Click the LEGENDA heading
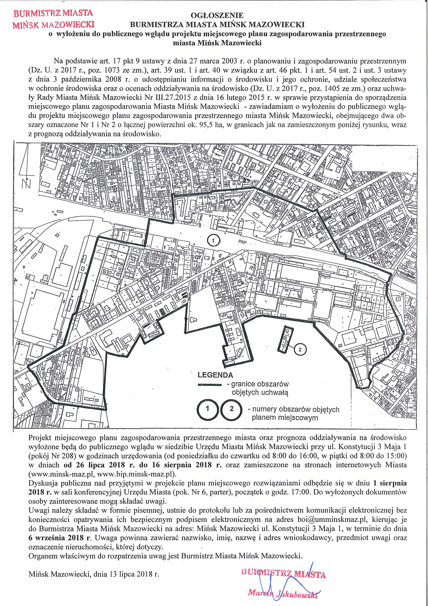[215, 375]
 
